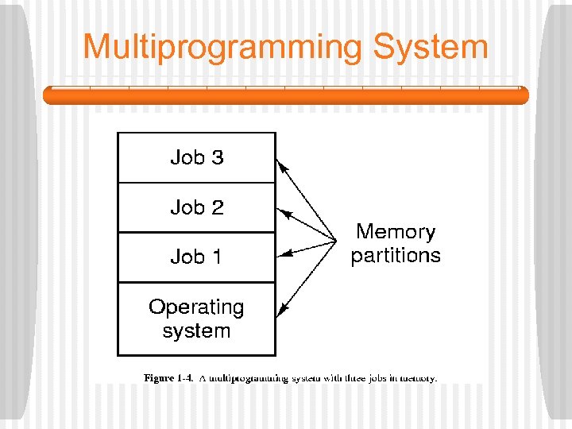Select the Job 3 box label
click(197, 157)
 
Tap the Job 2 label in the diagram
click(197, 207)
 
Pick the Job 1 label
click(196, 257)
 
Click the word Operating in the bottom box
click(196, 307)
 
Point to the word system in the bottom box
click(196, 330)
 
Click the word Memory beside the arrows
click(396, 232)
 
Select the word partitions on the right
click(396, 255)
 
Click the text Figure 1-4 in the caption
click(168, 378)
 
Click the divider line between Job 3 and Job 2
click(196, 183)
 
